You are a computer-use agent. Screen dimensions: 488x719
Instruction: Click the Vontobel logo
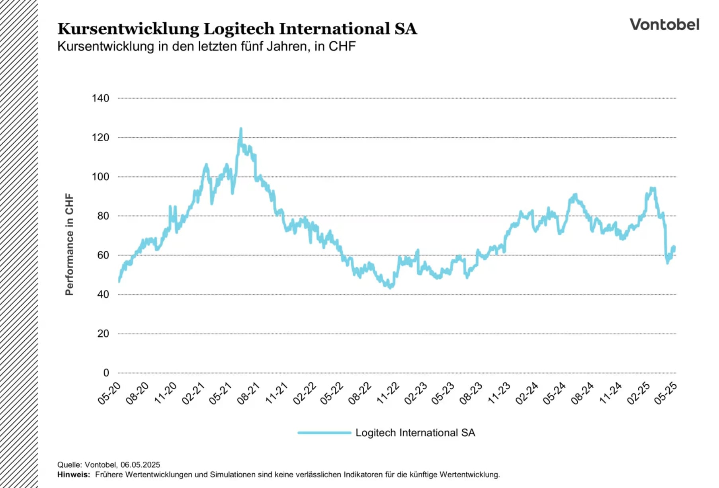pos(664,25)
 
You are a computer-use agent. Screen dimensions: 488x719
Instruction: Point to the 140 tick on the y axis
pos(100,98)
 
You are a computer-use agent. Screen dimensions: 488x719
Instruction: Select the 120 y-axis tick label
pos(100,138)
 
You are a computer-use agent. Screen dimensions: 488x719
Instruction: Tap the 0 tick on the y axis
pos(106,373)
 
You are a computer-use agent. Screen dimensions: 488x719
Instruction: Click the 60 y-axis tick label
pos(103,255)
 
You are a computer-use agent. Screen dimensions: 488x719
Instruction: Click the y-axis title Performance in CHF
pos(69,244)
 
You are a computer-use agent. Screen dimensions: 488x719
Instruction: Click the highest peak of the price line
pos(240,129)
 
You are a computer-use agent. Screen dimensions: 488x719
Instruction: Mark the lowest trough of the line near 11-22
pos(391,287)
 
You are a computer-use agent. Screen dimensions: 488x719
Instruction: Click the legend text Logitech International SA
pos(415,433)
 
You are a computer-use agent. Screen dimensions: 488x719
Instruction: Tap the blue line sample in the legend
pos(324,433)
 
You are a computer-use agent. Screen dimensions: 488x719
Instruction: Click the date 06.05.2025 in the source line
pos(140,465)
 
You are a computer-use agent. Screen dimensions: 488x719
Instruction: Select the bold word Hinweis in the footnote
pos(73,474)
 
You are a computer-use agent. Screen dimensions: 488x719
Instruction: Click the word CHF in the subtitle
pos(342,47)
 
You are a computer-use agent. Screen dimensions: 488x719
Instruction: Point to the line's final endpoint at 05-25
pos(674,248)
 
